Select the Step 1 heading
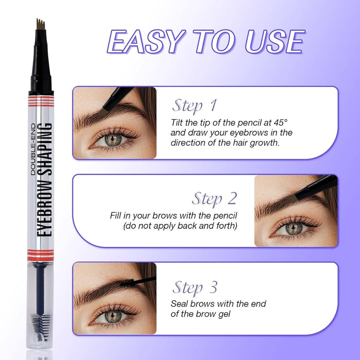coord(194,106)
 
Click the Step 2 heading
coord(214,198)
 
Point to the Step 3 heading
coord(194,286)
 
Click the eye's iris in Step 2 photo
coord(293,228)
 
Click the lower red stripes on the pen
coord(41,253)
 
